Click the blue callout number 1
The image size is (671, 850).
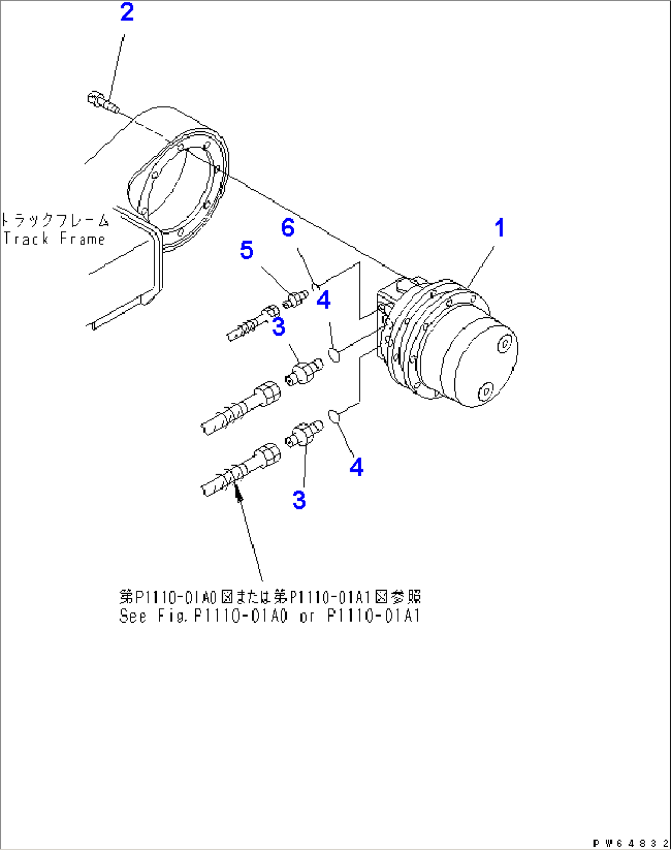point(499,228)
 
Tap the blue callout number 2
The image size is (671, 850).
point(127,12)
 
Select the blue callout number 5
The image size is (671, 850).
point(246,250)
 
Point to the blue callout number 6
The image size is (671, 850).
point(288,228)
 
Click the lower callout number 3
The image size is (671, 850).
point(299,500)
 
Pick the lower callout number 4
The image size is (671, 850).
point(356,467)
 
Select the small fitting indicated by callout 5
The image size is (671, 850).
point(295,299)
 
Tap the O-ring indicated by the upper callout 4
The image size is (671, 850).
point(333,355)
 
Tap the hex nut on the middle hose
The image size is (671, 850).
point(266,392)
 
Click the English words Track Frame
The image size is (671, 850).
point(54,239)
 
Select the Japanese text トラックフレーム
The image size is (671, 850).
point(55,221)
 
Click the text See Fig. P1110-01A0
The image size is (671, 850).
point(203,616)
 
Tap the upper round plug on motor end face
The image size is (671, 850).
point(505,344)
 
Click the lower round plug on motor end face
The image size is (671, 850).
point(486,391)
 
